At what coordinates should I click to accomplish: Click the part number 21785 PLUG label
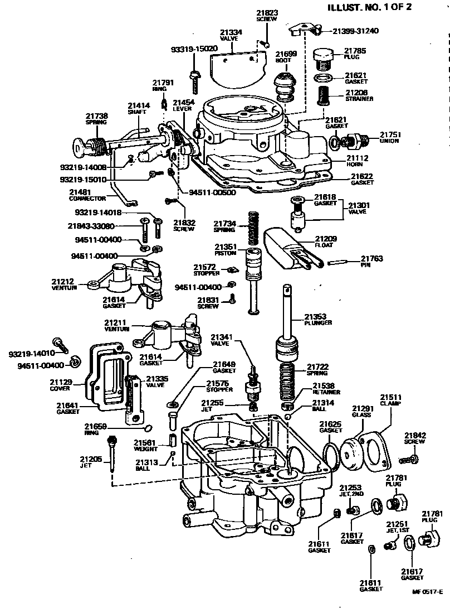[x=355, y=54]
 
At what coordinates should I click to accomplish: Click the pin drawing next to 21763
[x=340, y=262]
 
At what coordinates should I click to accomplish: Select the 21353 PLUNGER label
[x=319, y=320]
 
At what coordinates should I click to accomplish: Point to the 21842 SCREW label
[x=415, y=438]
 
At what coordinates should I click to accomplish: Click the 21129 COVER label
[x=61, y=385]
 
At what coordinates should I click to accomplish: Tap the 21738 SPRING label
[x=96, y=118]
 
